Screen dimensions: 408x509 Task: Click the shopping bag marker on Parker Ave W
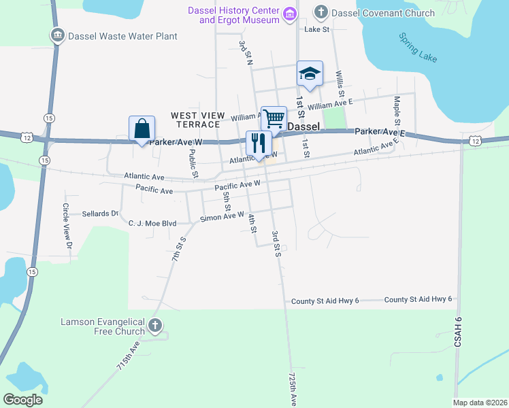coord(142,129)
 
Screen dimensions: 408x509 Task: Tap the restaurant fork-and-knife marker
coord(258,143)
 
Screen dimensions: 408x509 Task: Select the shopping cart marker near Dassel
coord(274,118)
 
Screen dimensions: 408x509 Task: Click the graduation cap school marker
coord(310,73)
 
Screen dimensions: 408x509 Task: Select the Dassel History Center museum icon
coord(291,14)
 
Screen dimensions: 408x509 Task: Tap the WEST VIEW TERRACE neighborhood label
coord(195,120)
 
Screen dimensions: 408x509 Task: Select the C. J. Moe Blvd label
coord(152,222)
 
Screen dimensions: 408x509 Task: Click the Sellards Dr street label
coord(100,214)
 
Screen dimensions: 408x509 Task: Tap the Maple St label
coord(397,112)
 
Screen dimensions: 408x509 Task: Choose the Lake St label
coord(316,30)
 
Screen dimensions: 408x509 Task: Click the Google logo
coord(23,399)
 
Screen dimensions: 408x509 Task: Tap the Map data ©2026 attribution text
coord(480,402)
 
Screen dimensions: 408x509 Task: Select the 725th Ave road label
coord(293,388)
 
